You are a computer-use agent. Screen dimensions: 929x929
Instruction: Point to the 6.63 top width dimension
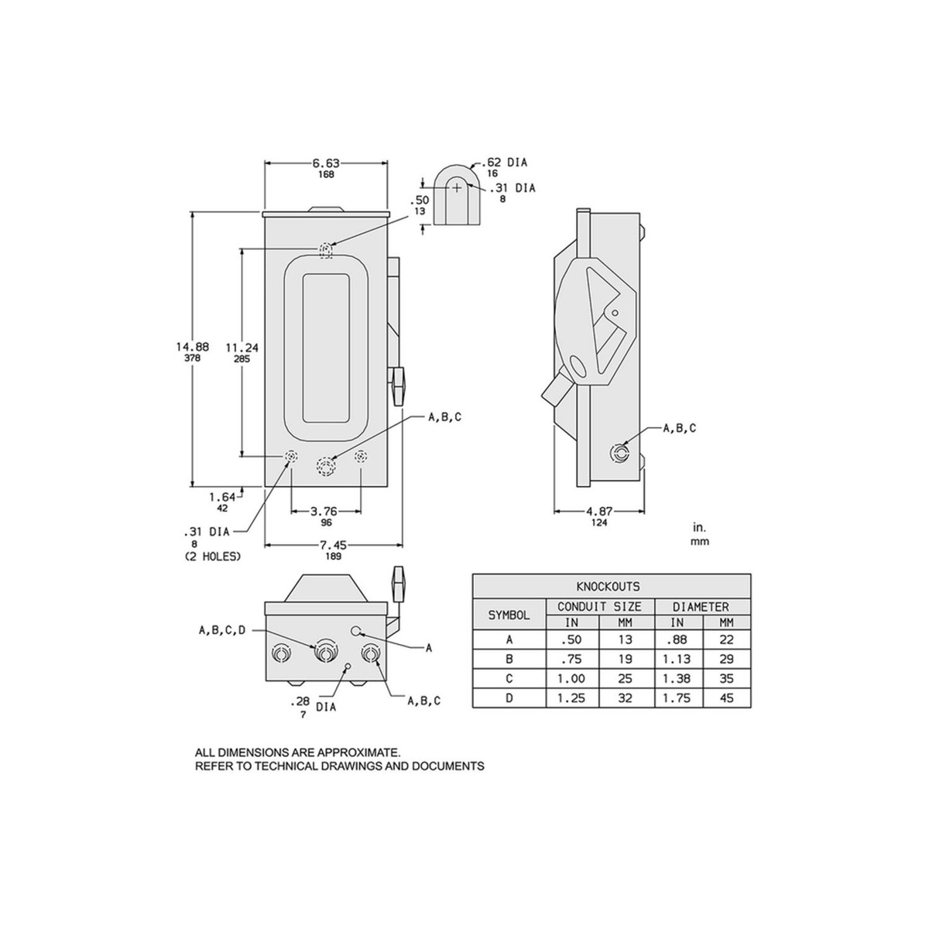tap(326, 163)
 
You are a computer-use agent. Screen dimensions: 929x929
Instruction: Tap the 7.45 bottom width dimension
tap(334, 545)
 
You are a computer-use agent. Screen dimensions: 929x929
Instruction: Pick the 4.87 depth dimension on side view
tap(599, 511)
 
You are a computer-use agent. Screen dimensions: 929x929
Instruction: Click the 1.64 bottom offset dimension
tap(222, 497)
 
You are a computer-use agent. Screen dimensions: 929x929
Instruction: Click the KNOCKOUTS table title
tap(611, 587)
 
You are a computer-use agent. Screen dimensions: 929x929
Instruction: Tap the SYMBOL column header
tap(509, 615)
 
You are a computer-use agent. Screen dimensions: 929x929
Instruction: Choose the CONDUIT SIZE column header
tap(599, 607)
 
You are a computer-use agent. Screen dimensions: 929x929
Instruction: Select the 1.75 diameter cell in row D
tap(677, 698)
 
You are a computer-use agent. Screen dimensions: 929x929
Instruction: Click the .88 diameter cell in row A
tap(677, 640)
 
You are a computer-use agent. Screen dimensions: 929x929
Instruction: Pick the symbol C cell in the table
tap(509, 678)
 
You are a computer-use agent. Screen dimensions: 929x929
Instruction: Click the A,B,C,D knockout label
tap(221, 630)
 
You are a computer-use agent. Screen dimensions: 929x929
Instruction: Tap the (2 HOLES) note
tap(212, 557)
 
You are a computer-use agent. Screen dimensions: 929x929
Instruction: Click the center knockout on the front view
tap(326, 466)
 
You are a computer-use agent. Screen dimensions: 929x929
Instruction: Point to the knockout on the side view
tap(620, 452)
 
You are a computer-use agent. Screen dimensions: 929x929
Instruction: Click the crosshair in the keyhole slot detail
tap(457, 187)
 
